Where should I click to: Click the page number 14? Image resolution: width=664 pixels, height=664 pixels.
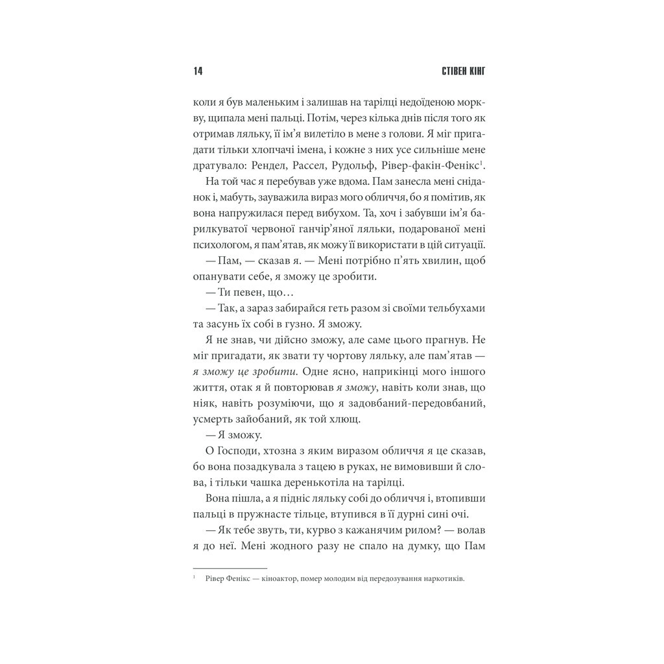click(198, 71)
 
